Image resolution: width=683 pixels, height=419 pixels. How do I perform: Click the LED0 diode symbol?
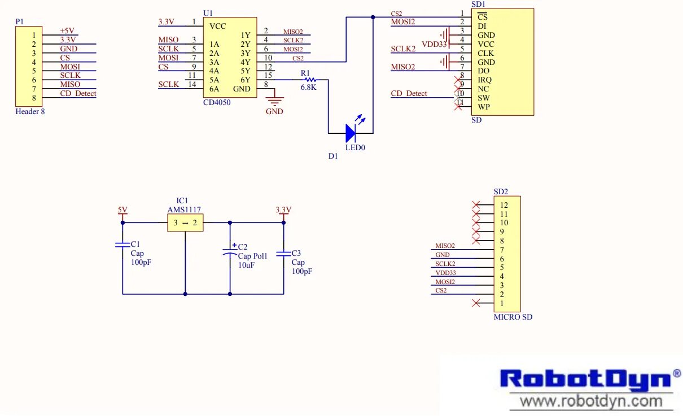351,133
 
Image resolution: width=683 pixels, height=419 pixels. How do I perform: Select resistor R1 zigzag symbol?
309,80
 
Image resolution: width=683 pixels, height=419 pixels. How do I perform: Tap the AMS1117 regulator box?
185,222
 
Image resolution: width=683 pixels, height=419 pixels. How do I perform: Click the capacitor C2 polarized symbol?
230,253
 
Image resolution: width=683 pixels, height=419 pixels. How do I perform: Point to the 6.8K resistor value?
308,88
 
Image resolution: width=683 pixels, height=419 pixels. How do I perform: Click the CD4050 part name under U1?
217,103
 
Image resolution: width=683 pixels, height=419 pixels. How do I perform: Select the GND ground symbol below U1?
274,102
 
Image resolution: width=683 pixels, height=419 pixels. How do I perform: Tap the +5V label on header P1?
67,31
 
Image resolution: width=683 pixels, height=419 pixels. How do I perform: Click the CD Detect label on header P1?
78,94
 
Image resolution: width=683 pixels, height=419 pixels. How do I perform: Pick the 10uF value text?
247,265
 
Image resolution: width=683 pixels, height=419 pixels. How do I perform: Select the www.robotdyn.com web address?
591,401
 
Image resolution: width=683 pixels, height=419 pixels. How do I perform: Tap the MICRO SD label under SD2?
513,317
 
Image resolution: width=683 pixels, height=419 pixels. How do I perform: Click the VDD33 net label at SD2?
445,273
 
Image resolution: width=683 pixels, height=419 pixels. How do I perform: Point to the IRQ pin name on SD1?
484,80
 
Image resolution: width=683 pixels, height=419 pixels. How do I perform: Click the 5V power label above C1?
122,210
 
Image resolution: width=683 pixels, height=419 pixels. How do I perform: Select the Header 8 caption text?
30,112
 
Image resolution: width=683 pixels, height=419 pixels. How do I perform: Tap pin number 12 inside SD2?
504,205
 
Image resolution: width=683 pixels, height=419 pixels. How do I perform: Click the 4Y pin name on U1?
245,62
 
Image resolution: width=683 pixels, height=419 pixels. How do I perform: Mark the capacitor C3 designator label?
296,254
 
